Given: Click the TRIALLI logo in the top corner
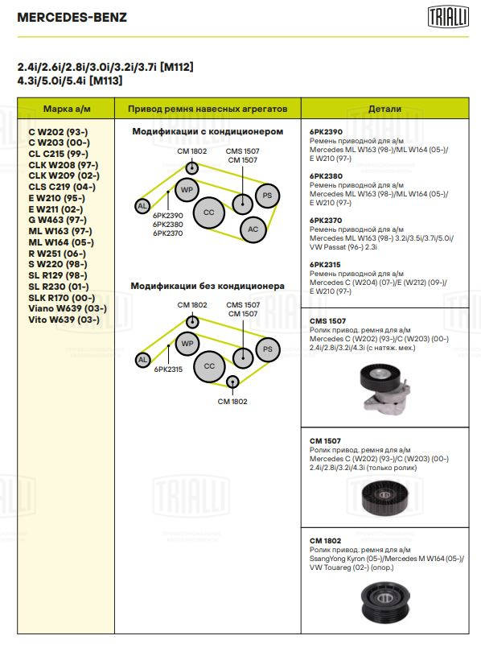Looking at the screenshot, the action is (x=448, y=17).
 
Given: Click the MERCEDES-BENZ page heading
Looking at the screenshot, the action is (x=72, y=18).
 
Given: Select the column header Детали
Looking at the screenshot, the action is (x=384, y=109).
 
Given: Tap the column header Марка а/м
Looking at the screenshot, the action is (x=67, y=109).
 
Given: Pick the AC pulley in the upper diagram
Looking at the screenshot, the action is (x=253, y=229).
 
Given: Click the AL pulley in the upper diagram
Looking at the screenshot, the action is (x=142, y=206).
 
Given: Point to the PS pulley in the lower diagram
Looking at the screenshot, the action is (x=268, y=349).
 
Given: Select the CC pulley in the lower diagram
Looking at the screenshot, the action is (x=209, y=366).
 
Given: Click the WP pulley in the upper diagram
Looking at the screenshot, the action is (x=187, y=190).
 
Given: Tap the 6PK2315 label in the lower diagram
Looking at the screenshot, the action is (x=168, y=369).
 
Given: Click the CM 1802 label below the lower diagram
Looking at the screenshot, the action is (x=232, y=402).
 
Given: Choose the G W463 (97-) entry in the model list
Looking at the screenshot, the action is (x=57, y=220).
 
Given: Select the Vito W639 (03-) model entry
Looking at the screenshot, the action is (x=64, y=320).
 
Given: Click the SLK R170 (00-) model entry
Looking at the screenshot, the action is (x=61, y=298).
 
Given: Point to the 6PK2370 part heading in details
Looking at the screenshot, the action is (x=326, y=221).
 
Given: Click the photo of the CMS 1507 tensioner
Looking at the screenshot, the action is (x=385, y=387).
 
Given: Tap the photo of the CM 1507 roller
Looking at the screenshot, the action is (x=384, y=498).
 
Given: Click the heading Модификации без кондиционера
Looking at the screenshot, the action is (x=208, y=286).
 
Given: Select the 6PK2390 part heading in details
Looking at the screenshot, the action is (x=327, y=132).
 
